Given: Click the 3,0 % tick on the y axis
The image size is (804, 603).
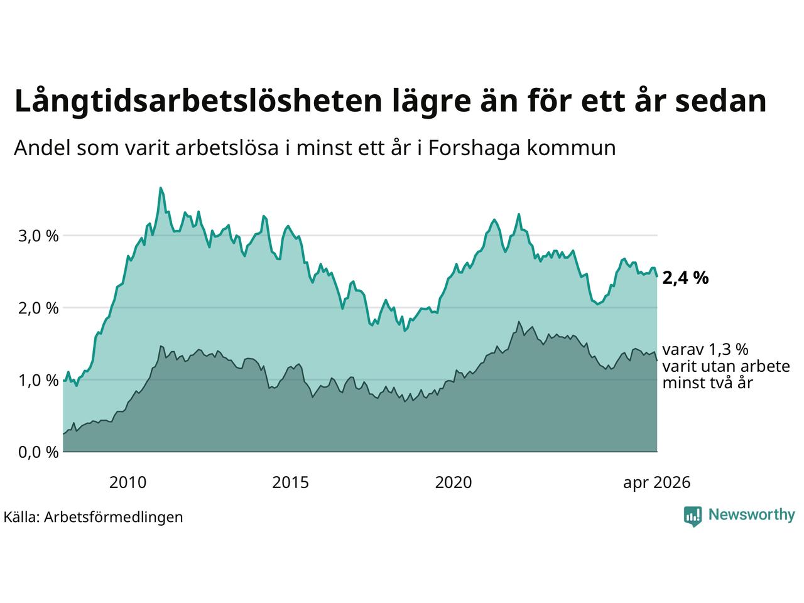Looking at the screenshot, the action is click(38, 236).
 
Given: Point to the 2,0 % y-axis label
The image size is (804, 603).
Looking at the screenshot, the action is click(38, 308).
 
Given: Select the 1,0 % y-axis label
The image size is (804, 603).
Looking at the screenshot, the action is click(38, 381).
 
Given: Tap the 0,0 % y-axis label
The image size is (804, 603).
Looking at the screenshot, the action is click(38, 452).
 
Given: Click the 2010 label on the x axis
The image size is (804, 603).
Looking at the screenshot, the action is click(128, 482).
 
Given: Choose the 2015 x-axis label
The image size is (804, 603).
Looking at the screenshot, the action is click(290, 482).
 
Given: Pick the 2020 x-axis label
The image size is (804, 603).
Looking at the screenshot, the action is click(454, 482).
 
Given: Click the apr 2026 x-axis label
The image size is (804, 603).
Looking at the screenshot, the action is click(657, 483).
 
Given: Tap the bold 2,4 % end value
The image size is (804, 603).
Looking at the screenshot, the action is click(685, 278).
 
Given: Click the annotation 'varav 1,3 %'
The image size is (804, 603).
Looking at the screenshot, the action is click(705, 350).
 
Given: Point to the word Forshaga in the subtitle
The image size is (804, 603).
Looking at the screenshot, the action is click(474, 148).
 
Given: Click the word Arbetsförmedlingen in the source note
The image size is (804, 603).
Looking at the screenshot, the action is click(113, 518).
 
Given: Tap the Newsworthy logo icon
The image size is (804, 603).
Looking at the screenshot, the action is click(693, 516).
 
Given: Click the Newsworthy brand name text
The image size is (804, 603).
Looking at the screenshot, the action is click(752, 515).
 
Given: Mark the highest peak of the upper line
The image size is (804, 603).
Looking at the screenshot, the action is click(160, 188).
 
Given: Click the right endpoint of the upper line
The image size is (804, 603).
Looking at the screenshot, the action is click(657, 276).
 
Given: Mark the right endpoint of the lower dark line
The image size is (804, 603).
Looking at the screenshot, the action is click(657, 361).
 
